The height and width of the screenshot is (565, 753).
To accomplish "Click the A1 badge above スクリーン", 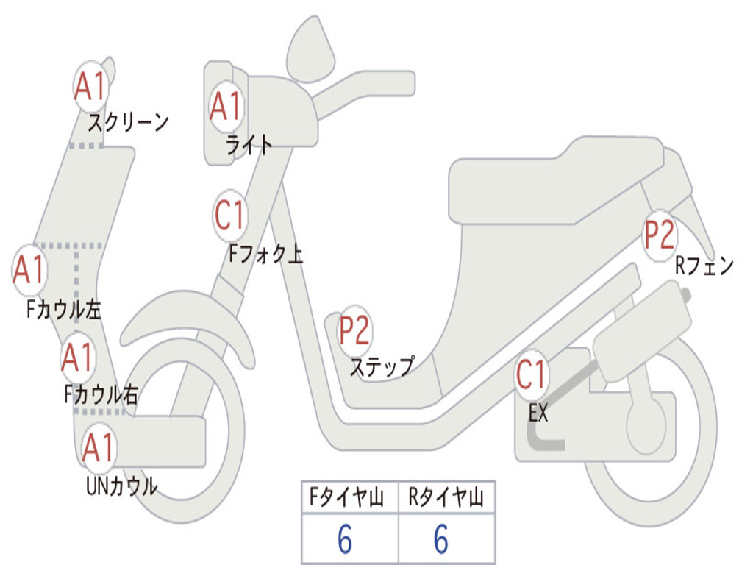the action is pyautogui.click(x=91, y=88).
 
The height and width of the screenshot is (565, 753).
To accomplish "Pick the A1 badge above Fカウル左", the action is pyautogui.click(x=29, y=271).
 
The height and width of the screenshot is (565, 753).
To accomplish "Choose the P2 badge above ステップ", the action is pyautogui.click(x=354, y=331).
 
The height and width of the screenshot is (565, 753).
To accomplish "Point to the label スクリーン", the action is pyautogui.click(x=129, y=122).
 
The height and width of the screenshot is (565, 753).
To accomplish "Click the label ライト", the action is pyautogui.click(x=249, y=145).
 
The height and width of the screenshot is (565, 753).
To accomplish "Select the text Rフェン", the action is pyautogui.click(x=704, y=266).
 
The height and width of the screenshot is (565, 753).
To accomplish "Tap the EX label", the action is pyautogui.click(x=538, y=413).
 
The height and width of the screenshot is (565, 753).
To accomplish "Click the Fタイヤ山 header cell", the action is pyautogui.click(x=349, y=499).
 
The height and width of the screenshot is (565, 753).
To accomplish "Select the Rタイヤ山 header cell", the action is pyautogui.click(x=446, y=499).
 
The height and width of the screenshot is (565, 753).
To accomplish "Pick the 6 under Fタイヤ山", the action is pyautogui.click(x=345, y=540).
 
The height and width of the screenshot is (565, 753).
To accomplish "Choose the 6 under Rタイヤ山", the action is pyautogui.click(x=441, y=540).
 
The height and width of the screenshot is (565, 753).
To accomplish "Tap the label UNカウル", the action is pyautogui.click(x=122, y=486).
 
